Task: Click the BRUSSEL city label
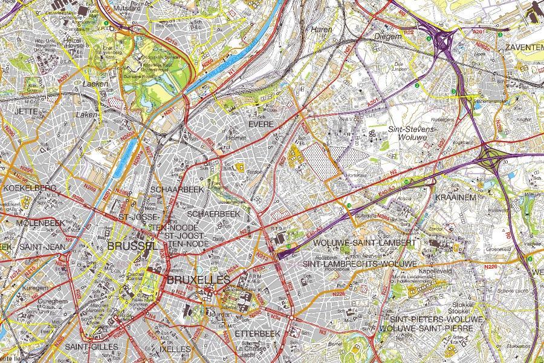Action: [x=132, y=247]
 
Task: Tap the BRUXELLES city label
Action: [x=198, y=280]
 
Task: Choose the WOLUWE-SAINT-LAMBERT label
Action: [x=364, y=243]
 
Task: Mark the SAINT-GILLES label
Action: [x=89, y=347]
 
